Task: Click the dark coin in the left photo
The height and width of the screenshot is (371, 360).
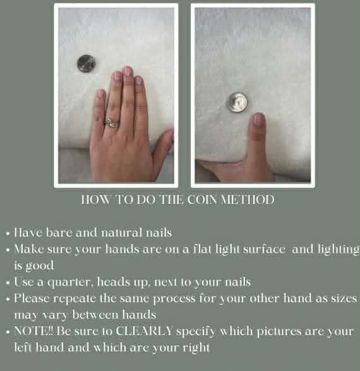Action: [x=86, y=63]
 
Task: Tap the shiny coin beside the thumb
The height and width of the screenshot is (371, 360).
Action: [x=237, y=102]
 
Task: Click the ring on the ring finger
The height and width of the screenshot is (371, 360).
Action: [x=111, y=122]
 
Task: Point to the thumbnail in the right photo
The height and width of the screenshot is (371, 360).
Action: [x=258, y=119]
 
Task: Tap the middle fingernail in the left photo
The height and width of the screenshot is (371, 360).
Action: [x=128, y=71]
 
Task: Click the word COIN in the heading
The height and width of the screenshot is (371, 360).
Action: [x=202, y=199]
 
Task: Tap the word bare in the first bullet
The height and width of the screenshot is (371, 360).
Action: [x=59, y=232]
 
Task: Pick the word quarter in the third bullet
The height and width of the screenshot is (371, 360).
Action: [x=70, y=283]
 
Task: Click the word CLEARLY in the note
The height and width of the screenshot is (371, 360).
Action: [x=144, y=331]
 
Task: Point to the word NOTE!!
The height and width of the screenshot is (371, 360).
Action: [x=34, y=331]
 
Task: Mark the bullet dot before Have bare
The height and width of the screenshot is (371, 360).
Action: [x=8, y=233]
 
